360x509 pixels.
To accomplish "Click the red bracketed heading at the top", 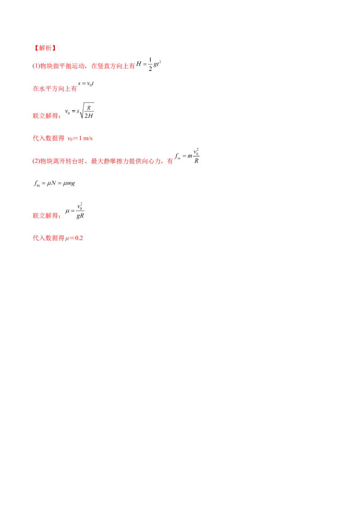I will pyautogui.click(x=44, y=48).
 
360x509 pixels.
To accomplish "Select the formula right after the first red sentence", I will pyautogui.click(x=149, y=65).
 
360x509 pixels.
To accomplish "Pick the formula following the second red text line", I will pyautogui.click(x=85, y=85).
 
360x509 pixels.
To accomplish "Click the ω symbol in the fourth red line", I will pyautogui.click(x=68, y=139).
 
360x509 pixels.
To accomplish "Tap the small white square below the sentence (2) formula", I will pyautogui.click(x=193, y=164).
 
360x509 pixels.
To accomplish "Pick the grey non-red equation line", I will pyautogui.click(x=54, y=183).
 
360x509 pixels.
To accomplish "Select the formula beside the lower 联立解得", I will pyautogui.click(x=75, y=210).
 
